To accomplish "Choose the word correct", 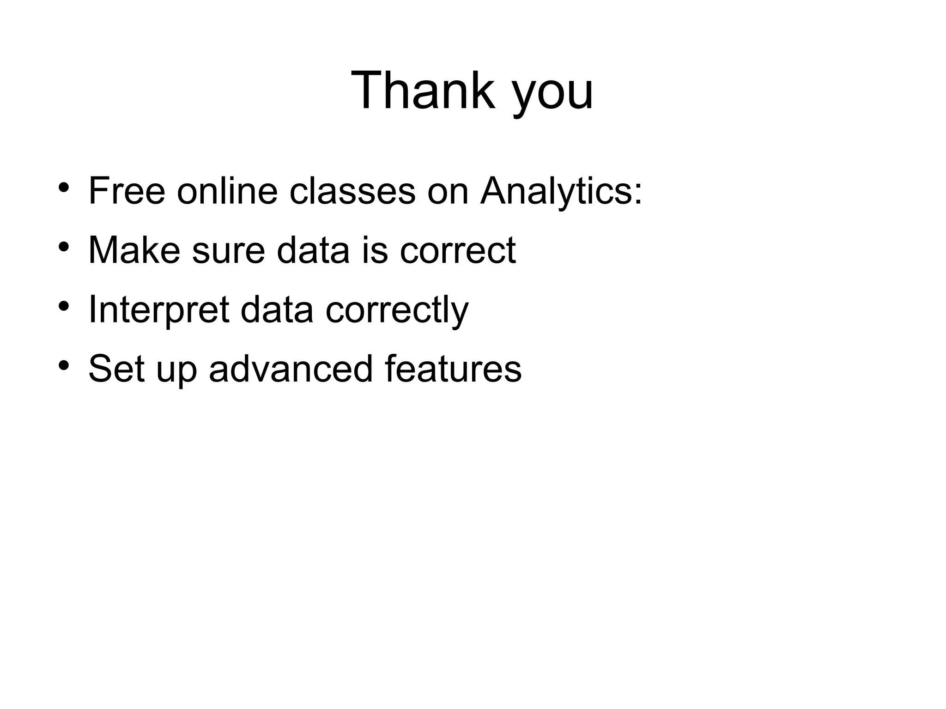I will [457, 251].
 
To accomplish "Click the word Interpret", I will [158, 310].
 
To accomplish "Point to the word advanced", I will [291, 369].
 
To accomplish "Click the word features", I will [453, 369].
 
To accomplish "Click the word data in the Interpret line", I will [277, 309].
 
